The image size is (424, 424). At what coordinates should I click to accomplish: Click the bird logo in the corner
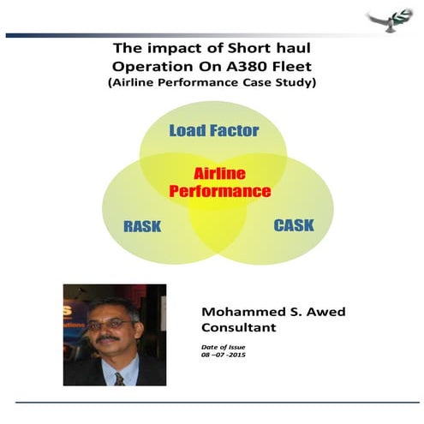(x=391, y=20)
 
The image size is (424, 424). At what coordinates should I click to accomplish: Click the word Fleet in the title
(x=291, y=67)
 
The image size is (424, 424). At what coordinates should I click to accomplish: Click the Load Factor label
(x=214, y=130)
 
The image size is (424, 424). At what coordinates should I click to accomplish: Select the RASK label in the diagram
(x=142, y=226)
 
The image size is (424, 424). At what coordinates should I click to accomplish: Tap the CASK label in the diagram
(x=294, y=225)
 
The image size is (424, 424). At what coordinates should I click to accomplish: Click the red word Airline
(x=219, y=174)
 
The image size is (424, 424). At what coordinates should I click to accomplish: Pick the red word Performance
(x=220, y=191)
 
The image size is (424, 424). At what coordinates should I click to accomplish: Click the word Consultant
(x=239, y=327)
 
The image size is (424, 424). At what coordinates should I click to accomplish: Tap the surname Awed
(x=325, y=312)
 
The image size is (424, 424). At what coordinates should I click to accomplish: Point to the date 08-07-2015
(x=224, y=355)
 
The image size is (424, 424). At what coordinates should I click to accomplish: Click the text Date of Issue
(x=224, y=347)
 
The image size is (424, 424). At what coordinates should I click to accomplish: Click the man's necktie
(x=119, y=379)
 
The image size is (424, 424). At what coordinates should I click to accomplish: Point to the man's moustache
(x=108, y=338)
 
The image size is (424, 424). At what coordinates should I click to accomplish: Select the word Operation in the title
(x=152, y=67)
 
